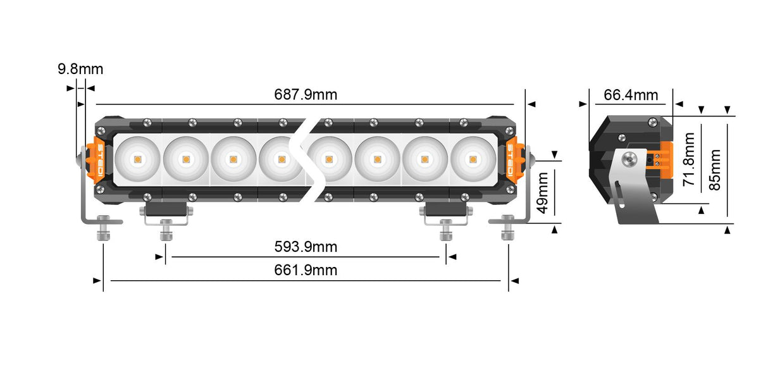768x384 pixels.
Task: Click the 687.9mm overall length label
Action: coord(306,95)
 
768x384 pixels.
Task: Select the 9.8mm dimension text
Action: coord(80,70)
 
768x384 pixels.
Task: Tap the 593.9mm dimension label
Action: coord(306,247)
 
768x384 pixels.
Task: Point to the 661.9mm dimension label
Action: coord(306,271)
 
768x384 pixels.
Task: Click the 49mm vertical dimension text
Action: coord(542,197)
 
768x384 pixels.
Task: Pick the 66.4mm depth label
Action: coord(631,95)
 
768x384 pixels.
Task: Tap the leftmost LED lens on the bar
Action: coord(137,159)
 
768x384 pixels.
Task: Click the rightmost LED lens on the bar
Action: coord(473,159)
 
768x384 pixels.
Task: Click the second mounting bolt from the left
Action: coord(166,229)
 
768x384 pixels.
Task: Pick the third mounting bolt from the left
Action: coord(445,229)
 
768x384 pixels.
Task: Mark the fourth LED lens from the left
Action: coord(280,159)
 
